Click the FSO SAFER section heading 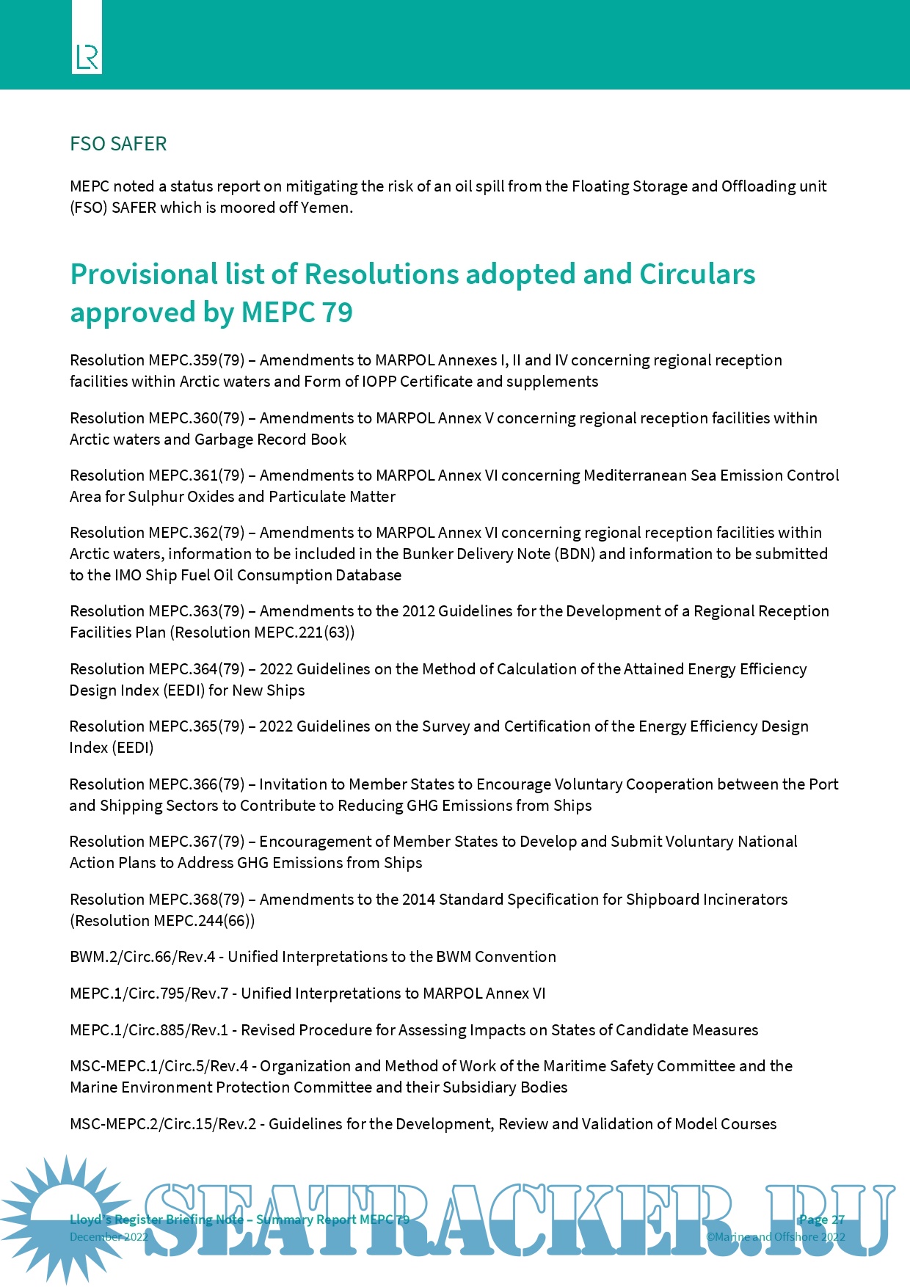[118, 144]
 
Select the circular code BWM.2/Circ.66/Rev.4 [142, 957]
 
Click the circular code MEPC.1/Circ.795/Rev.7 [149, 993]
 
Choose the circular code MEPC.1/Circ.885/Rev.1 [149, 1030]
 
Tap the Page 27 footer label [821, 1219]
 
